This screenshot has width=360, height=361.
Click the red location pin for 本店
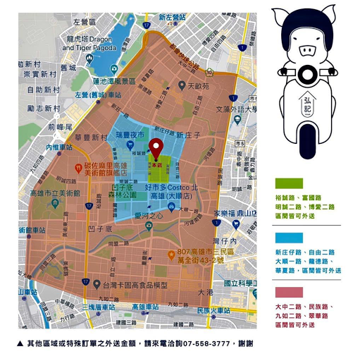[x=156, y=148]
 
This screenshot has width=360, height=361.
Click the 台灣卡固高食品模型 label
[x=136, y=284]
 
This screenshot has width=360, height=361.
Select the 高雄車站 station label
[x=146, y=307]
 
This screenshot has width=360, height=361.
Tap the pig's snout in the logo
[x=309, y=50]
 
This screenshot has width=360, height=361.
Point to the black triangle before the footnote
[x=20, y=343]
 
